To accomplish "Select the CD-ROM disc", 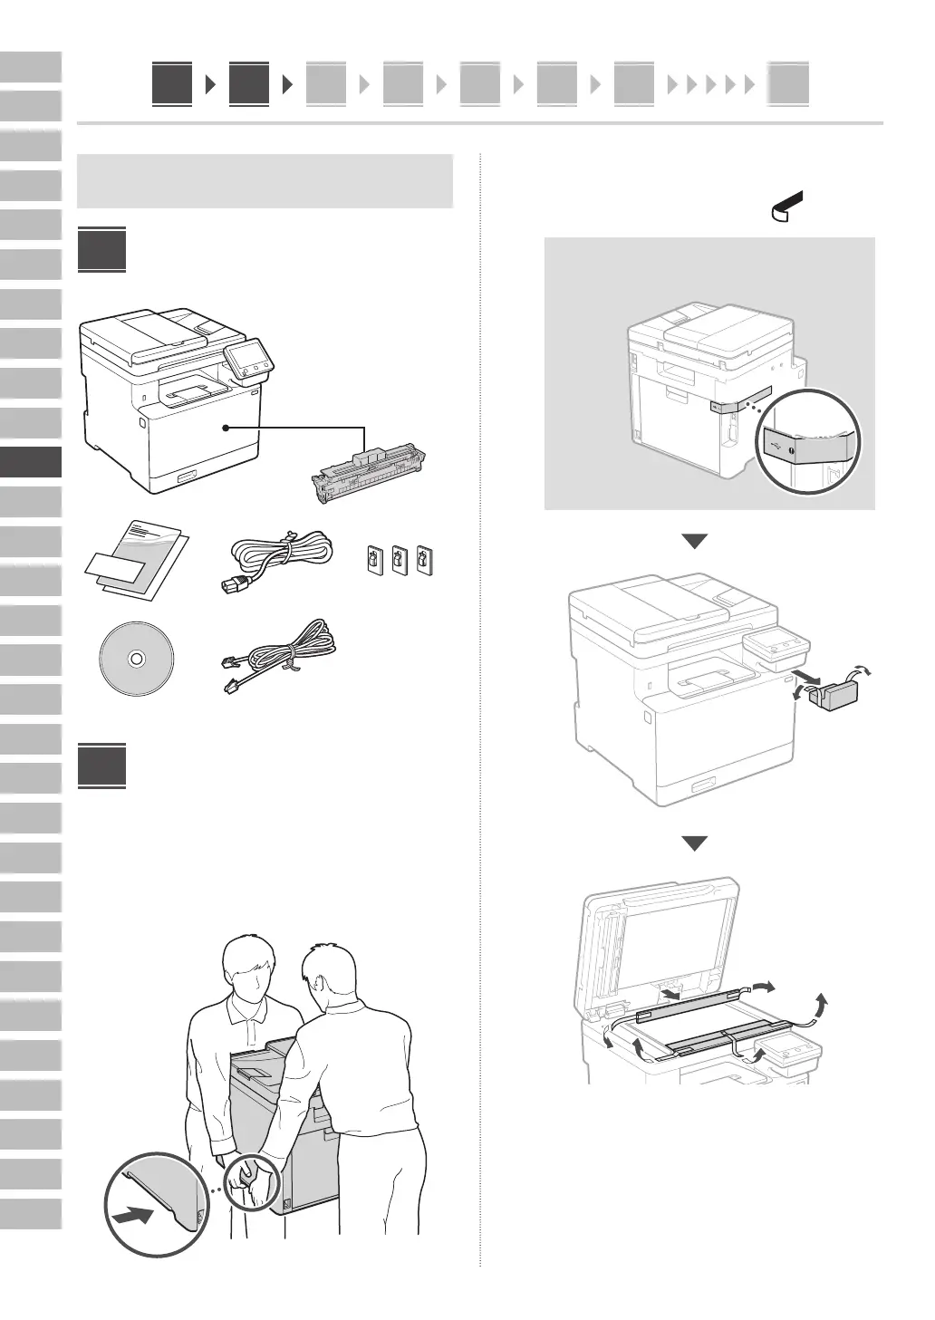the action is [136, 660].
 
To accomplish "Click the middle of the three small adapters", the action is [399, 559].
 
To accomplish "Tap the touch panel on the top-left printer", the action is [246, 358].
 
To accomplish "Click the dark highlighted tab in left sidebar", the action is [31, 461].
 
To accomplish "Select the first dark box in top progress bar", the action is [172, 85].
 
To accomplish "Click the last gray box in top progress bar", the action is [788, 86].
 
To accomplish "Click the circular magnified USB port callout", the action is [809, 441].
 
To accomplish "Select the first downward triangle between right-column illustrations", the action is [694, 541].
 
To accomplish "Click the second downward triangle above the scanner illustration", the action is [694, 843].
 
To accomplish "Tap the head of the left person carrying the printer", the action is [250, 971].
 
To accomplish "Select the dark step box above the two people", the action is [101, 766].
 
